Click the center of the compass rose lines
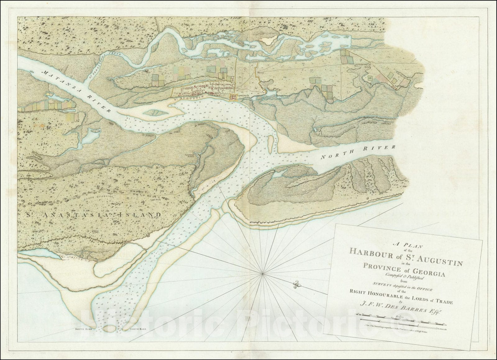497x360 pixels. click(263, 273)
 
